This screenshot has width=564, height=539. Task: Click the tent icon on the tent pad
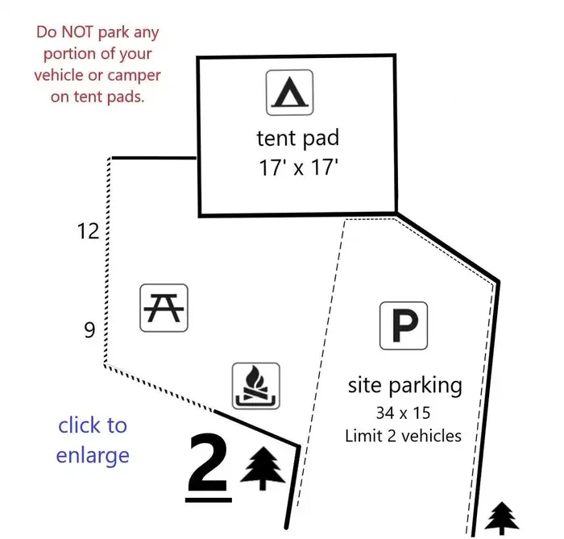[x=289, y=93]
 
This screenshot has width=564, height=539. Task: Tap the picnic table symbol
[x=164, y=308]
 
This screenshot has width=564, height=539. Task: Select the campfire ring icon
[x=255, y=386]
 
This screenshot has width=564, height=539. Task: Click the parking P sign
[x=404, y=325]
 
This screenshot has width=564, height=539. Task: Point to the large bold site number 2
[x=208, y=462]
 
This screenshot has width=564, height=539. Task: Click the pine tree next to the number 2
[x=263, y=468]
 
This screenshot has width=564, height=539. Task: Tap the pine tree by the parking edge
[x=501, y=518]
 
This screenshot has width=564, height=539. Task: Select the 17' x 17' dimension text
[x=298, y=168]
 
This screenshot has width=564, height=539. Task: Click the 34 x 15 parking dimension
[x=403, y=413]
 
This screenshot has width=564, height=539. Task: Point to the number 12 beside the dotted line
[x=88, y=231]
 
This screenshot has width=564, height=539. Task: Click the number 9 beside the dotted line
[x=89, y=330]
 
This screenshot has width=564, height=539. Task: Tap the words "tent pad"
[x=298, y=139]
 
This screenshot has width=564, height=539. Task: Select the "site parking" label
[x=405, y=386]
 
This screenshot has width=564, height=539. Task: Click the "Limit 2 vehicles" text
[x=403, y=436]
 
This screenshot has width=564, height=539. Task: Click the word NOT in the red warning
[x=77, y=31]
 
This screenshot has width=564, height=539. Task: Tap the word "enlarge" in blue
[x=93, y=456]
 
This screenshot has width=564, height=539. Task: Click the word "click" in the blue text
[x=80, y=425]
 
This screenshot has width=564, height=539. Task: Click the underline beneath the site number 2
[x=208, y=500]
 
